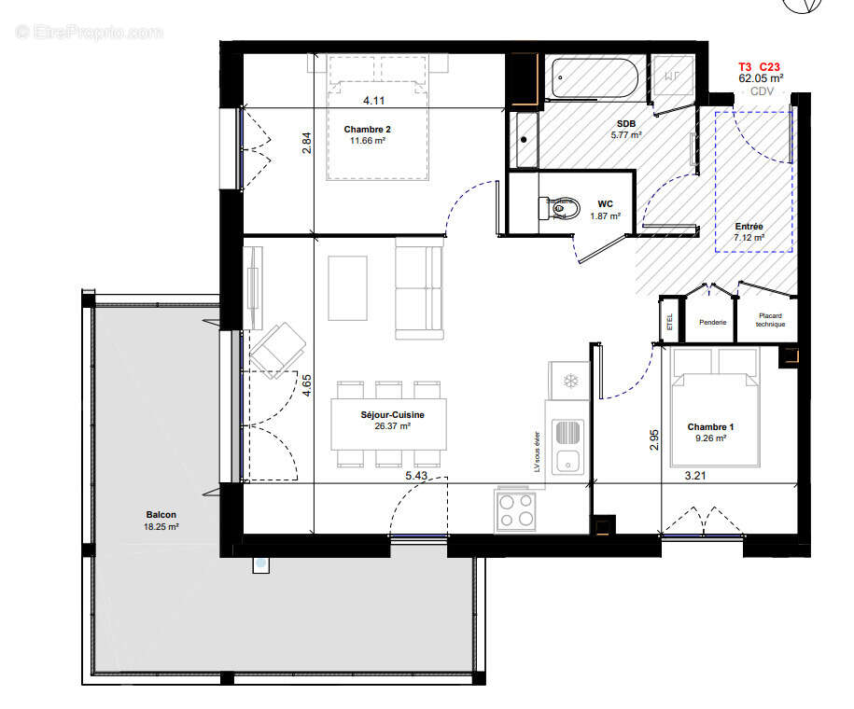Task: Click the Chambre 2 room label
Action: click(367, 129)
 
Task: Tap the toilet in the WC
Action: click(558, 206)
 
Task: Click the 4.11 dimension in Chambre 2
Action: click(374, 100)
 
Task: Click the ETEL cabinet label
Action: click(669, 323)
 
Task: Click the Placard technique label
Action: click(770, 320)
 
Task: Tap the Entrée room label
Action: click(749, 227)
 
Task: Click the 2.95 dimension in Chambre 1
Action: click(654, 439)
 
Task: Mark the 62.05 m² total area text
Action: click(761, 79)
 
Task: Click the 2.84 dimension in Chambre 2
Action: click(306, 143)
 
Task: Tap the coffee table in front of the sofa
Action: click(347, 287)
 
